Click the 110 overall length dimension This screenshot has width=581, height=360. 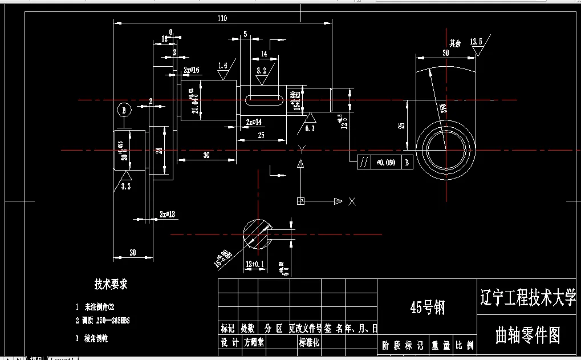click(x=222, y=18)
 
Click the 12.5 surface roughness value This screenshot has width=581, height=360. click(x=476, y=42)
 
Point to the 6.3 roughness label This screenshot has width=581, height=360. click(x=310, y=129)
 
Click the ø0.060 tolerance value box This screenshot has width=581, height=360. click(x=386, y=163)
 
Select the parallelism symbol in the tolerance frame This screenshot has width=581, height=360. click(x=364, y=163)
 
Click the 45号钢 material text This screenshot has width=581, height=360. click(x=427, y=308)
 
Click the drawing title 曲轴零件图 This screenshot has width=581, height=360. click(x=528, y=335)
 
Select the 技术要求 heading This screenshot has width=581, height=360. click(x=111, y=284)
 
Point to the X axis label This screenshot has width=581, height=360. click(x=352, y=201)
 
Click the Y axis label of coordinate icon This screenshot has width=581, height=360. click(x=300, y=149)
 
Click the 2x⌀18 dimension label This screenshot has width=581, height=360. click(x=167, y=215)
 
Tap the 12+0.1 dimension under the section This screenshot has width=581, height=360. click(x=254, y=265)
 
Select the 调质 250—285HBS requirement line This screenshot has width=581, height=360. click(x=106, y=321)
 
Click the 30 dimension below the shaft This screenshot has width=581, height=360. click(x=206, y=155)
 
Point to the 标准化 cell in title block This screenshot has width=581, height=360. click(x=309, y=342)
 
